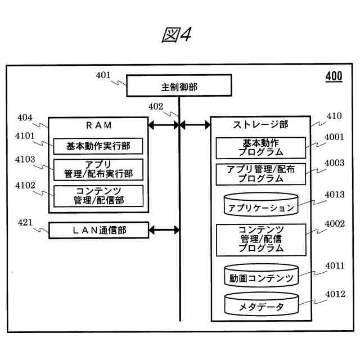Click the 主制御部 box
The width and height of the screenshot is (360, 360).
(179, 87)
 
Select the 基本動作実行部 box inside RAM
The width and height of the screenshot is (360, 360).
(98, 146)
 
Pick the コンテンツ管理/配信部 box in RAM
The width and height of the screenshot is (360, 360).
(98, 195)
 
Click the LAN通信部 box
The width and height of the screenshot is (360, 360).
(98, 230)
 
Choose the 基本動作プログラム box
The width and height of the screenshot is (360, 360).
(260, 148)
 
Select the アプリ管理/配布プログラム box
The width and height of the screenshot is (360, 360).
(260, 174)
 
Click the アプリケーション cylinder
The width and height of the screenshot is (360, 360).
(260, 205)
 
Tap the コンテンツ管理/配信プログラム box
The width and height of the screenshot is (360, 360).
(260, 238)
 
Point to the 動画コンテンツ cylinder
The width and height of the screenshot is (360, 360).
(260, 276)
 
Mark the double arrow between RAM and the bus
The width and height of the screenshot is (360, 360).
(163, 125)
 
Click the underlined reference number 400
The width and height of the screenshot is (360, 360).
(334, 77)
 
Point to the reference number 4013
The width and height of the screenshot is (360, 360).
(335, 195)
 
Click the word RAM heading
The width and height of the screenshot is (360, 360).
(98, 125)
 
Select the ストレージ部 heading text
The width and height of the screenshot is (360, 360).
(260, 124)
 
